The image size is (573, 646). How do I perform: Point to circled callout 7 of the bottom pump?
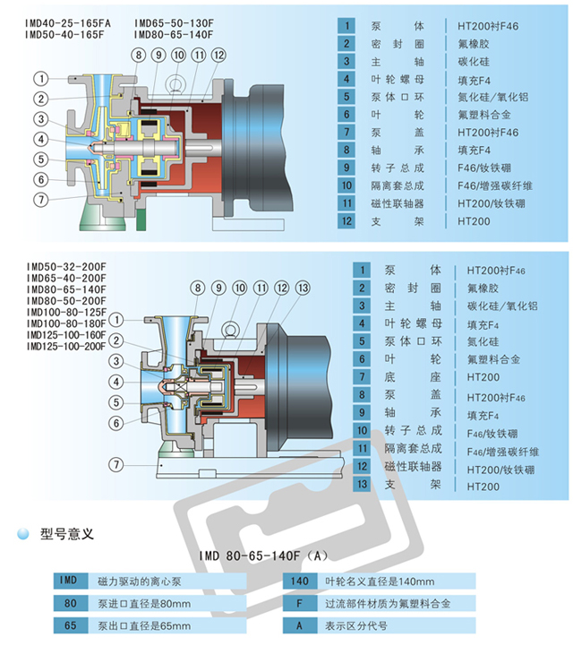click(x=115, y=463)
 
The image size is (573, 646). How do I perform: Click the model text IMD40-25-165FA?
click(x=69, y=22)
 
